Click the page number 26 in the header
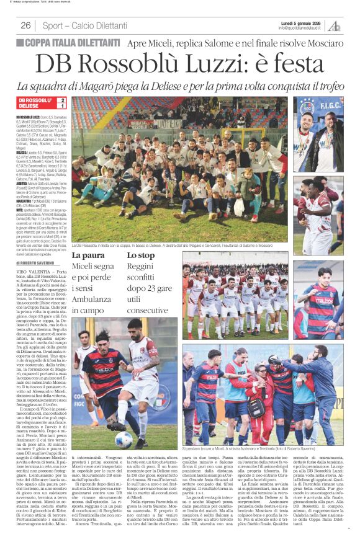[x=26, y=25]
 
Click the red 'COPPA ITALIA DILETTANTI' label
[x=78, y=43]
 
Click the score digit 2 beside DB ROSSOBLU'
[x=61, y=100]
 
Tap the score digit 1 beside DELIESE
[x=61, y=106]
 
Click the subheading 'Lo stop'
[x=140, y=255]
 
